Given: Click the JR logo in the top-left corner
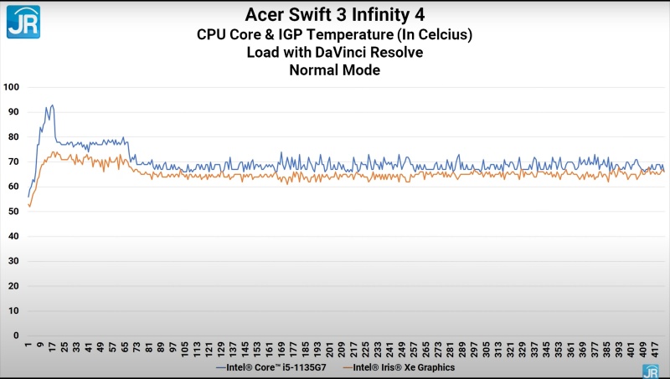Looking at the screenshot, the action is (x=23, y=22).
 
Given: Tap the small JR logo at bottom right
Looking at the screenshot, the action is (x=651, y=371).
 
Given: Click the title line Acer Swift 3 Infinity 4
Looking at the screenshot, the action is (x=334, y=15).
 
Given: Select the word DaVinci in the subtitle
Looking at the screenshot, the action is (x=340, y=52).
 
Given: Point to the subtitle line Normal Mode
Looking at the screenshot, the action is (x=334, y=70).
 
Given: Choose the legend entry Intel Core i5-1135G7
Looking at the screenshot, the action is (x=271, y=367).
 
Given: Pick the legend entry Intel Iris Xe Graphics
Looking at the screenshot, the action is (x=399, y=367).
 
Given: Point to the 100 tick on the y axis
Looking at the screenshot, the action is (x=12, y=87).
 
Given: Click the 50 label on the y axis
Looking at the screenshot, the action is (x=13, y=212).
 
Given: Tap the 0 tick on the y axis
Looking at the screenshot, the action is (x=16, y=335).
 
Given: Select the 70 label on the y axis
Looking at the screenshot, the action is (x=13, y=161).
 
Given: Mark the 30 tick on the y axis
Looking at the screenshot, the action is (x=13, y=261).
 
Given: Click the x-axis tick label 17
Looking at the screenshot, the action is (x=52, y=347).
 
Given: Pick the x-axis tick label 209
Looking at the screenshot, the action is (x=341, y=349).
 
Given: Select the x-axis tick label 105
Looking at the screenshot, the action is (x=184, y=349).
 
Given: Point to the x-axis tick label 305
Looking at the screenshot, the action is (x=486, y=349).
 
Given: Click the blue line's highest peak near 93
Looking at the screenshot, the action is (x=52, y=105).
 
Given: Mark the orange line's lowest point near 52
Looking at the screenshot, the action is (x=29, y=207).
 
